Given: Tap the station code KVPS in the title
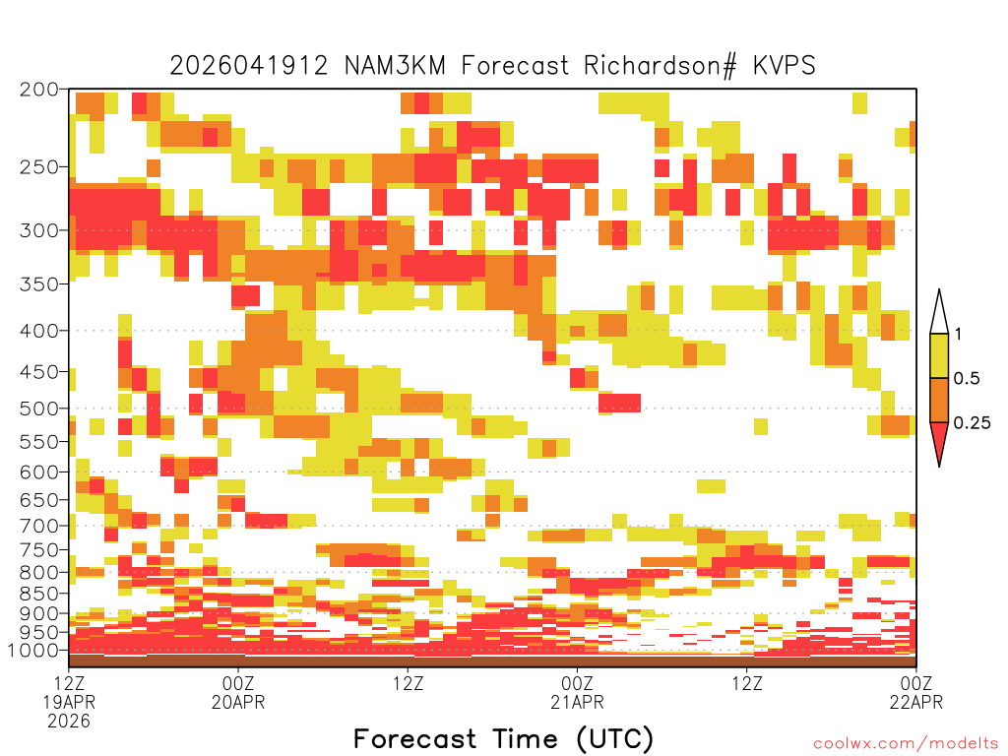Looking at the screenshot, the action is coord(785,66).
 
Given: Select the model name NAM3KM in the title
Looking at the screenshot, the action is coord(395,66).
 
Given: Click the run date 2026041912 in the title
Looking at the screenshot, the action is coord(249,66).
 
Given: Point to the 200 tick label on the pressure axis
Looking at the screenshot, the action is coord(38,90).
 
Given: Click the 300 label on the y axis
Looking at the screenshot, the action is coord(38,230).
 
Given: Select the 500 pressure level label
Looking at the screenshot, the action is coord(38,409).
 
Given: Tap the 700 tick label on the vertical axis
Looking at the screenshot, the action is coord(38,526).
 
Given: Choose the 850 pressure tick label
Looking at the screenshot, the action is coord(38,594).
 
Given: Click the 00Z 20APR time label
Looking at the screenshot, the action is coord(238,692).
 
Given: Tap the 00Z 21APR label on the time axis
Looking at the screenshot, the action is coord(577,692).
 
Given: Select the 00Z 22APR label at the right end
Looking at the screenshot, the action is coord(916,692).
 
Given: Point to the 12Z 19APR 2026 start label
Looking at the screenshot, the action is coord(69,702).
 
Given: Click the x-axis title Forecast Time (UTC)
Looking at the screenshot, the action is coord(503,739).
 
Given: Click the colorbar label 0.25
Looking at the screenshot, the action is coord(972,423).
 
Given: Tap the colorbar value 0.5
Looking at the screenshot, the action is coord(967,378).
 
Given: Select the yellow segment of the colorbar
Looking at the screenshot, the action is coord(939,355).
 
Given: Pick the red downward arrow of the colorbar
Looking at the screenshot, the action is coord(939,442).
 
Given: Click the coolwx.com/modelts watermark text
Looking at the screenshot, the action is coord(906,744).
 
